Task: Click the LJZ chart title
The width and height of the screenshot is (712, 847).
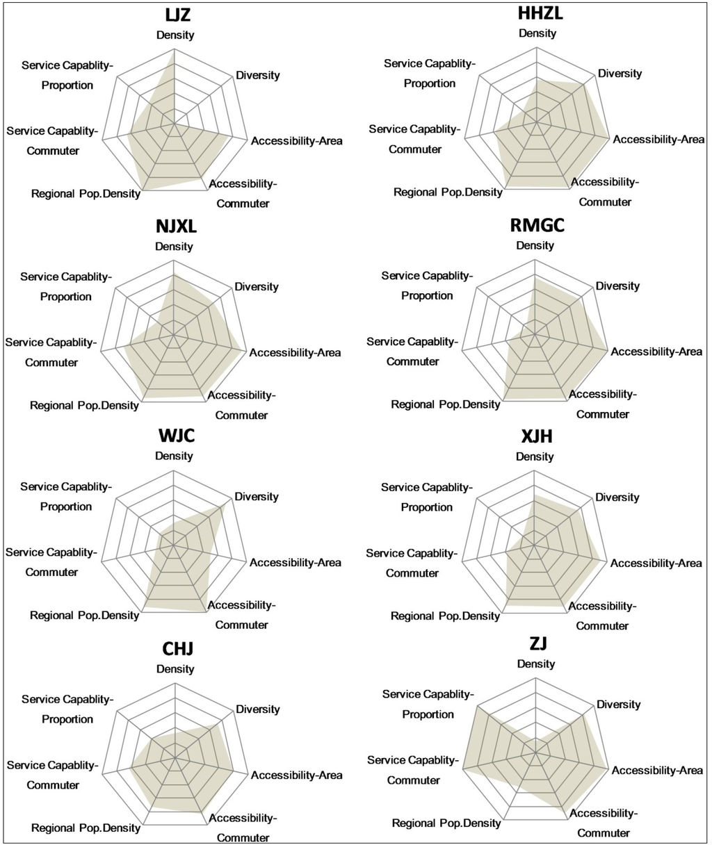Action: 175,16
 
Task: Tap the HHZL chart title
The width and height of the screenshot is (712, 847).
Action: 536,14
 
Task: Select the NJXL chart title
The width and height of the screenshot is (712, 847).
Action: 174,228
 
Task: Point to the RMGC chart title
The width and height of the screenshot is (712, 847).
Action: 535,227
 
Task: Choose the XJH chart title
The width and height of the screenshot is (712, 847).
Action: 535,437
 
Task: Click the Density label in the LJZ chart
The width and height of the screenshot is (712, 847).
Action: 175,35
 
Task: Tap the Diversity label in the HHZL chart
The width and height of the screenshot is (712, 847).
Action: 620,73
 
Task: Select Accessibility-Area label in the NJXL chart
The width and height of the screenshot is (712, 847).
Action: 296,352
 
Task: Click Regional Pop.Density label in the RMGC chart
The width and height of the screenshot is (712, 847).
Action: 446,404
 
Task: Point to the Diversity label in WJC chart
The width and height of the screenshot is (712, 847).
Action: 257,497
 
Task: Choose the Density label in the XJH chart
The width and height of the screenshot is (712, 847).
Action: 535,457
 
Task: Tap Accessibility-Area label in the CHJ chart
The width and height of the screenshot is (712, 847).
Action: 297,775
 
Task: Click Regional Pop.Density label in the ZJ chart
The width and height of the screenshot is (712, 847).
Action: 446,823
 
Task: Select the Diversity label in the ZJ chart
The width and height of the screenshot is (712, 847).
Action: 618,705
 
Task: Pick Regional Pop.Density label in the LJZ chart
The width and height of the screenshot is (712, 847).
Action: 86,194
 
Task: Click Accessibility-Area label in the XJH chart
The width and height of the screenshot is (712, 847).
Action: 656,563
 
